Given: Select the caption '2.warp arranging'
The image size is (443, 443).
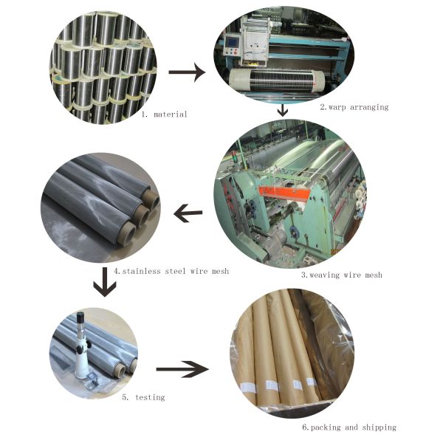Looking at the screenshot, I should pos(354,107).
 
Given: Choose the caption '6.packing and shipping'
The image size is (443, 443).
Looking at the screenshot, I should pos(348,427).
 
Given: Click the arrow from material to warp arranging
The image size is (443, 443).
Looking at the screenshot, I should pos(187,72).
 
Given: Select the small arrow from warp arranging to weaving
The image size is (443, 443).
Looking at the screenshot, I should pos(283,111).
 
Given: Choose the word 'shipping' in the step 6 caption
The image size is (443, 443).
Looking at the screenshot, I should pos(378,427).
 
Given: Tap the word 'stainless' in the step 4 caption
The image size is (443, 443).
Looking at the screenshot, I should pos(140,272).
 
